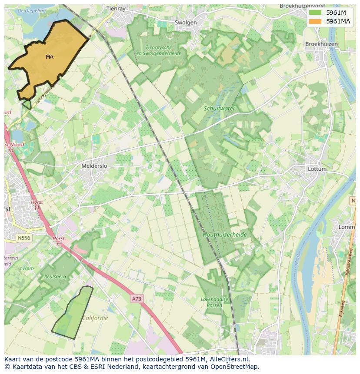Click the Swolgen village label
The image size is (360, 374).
tap(186, 23)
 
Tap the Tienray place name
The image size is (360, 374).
tap(116, 8)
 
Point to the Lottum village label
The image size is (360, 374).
tap(317, 169)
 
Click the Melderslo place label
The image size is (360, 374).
tap(94, 166)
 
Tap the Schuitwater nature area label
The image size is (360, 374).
tap(219, 108)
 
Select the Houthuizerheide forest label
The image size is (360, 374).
tap(225, 235)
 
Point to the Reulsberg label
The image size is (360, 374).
tap(55, 276)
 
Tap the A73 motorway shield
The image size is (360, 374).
tap(137, 299)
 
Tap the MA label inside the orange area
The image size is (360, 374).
tap(50, 57)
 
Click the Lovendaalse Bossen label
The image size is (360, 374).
tap(211, 302)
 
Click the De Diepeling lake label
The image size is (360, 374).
tap(32, 10)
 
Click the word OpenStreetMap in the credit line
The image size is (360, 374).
tap(234, 366)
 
